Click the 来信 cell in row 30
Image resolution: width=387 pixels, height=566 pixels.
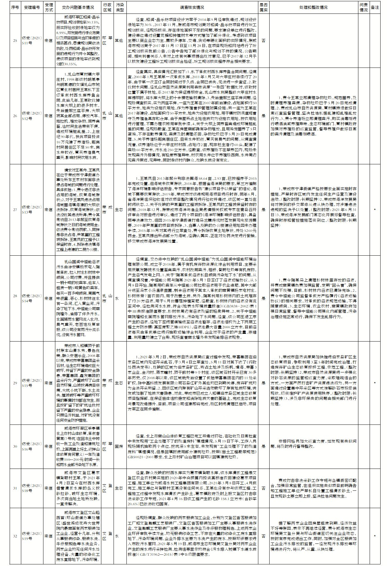click(49, 446)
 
